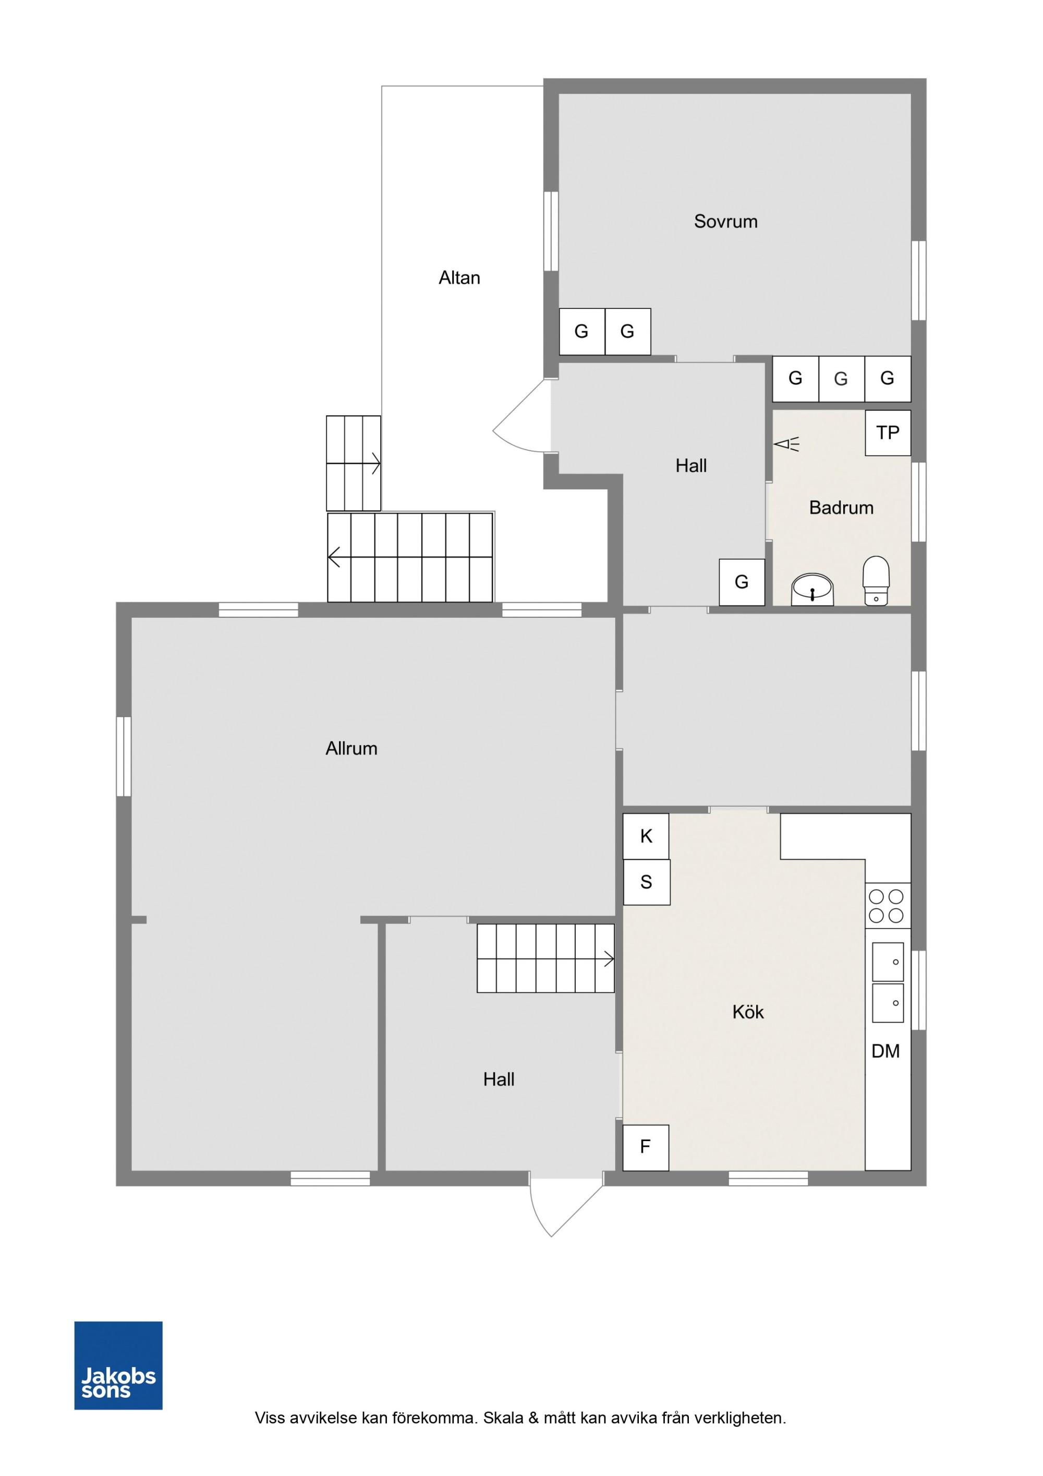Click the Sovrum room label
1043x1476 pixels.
725,222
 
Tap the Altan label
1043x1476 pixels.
459,278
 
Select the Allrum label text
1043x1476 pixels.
351,748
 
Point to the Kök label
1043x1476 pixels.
747,1013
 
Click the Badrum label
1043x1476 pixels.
841,508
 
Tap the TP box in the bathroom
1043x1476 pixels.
888,433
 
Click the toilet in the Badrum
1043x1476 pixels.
875,581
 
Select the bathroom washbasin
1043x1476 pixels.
813,588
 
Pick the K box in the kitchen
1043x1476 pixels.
646,836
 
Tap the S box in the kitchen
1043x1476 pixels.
647,882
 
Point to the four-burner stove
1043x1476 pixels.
887,906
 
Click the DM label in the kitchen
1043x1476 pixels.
885,1052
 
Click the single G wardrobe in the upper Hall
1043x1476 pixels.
742,582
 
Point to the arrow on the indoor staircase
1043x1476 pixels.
608,959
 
